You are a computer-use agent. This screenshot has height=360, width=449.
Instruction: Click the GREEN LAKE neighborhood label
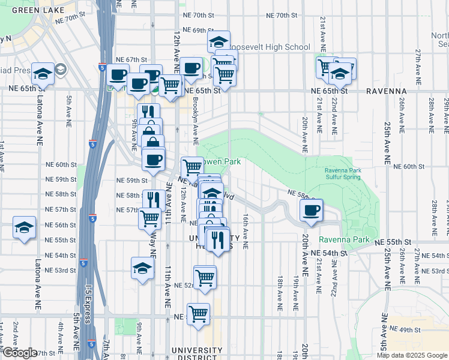[x=35, y=10]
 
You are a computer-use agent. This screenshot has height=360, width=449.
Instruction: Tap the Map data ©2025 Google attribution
[x=412, y=355]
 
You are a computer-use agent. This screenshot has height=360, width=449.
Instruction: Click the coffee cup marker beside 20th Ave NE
[x=312, y=211]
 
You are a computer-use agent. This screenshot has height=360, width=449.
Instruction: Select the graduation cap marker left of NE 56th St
[x=24, y=227]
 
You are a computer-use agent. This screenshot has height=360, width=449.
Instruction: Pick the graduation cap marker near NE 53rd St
[x=143, y=268]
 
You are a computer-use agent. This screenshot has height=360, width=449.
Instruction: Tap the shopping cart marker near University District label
[x=198, y=313]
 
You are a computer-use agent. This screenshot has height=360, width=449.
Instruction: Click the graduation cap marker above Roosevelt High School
[x=219, y=42]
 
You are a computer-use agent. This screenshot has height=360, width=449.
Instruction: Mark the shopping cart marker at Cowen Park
[x=193, y=166]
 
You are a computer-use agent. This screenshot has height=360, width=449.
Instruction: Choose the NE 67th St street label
[x=132, y=59]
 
